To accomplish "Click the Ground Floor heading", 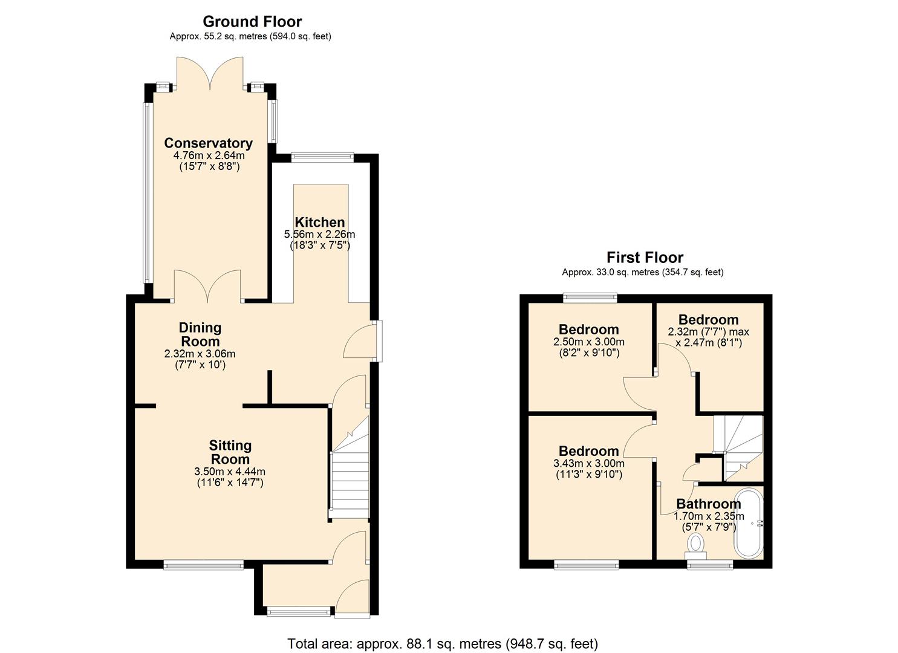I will click(252, 22).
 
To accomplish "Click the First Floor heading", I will click(645, 258).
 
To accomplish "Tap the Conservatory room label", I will click(208, 143).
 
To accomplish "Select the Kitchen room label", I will click(319, 222).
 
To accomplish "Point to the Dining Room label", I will click(200, 334).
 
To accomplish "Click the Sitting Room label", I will click(230, 452).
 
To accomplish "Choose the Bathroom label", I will click(708, 504).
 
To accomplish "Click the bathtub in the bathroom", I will click(749, 523).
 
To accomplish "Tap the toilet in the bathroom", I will click(697, 543).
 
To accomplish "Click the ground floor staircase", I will click(349, 478).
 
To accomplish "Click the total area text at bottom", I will click(443, 643).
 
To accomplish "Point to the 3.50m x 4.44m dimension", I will click(230, 472).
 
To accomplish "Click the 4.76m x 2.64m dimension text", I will click(209, 155).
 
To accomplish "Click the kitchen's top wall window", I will click(322, 157).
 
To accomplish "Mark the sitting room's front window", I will click(203, 565).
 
